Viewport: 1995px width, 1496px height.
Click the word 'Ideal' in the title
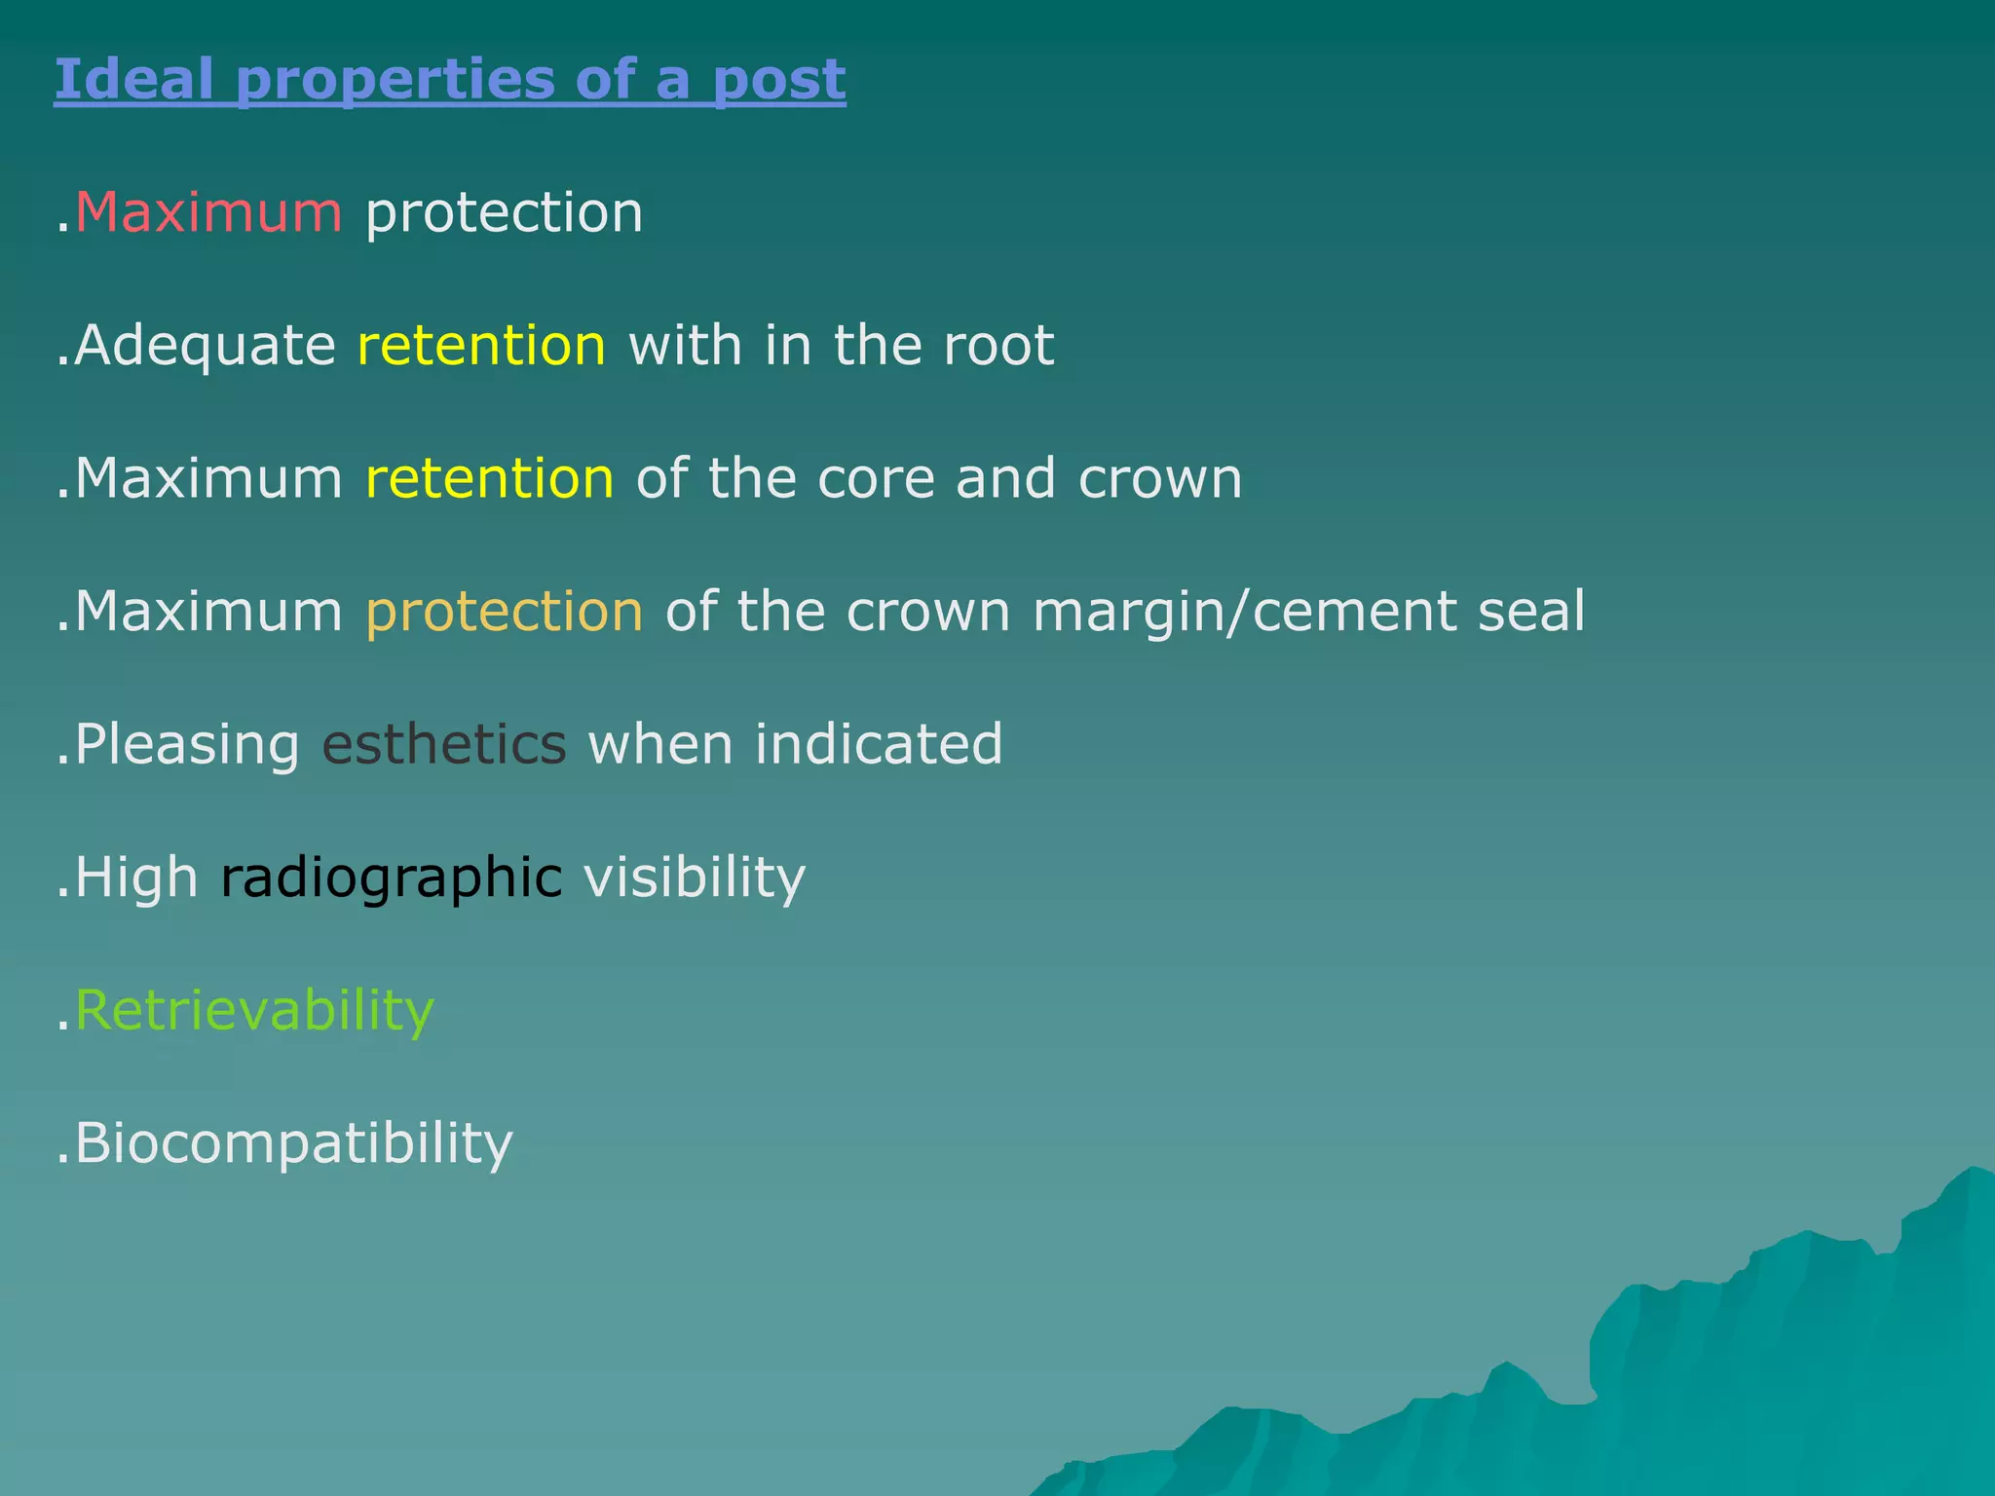click(x=133, y=79)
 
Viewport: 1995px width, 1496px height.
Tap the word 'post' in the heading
click(x=778, y=81)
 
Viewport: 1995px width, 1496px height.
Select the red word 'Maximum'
click(x=208, y=212)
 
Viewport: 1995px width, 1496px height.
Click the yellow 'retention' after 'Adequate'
click(x=482, y=346)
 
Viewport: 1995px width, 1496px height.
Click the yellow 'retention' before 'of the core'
click(x=490, y=478)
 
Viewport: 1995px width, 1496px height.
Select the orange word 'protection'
click(x=505, y=612)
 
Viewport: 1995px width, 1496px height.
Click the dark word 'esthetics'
click(x=444, y=744)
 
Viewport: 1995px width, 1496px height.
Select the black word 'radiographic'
click(x=392, y=879)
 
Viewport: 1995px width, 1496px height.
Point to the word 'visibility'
click(x=695, y=879)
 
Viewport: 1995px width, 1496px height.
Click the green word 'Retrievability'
click(x=254, y=1010)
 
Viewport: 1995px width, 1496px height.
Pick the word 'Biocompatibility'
click(x=293, y=1143)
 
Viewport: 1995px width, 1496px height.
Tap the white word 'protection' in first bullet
click(x=504, y=213)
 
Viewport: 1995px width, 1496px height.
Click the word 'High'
click(x=136, y=878)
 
